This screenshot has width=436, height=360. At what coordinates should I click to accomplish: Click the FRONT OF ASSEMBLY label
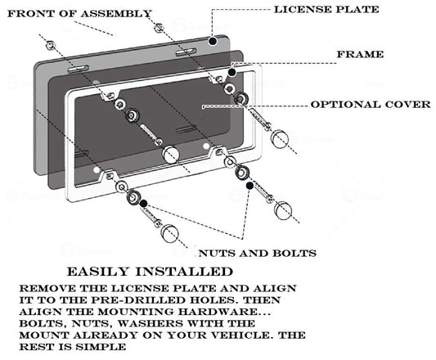tap(79, 14)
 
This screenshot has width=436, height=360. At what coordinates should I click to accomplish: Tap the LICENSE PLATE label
tap(325, 9)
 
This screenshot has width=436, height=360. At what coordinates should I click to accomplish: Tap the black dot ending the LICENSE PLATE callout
tap(211, 38)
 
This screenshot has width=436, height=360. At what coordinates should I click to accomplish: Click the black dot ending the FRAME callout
tap(231, 73)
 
